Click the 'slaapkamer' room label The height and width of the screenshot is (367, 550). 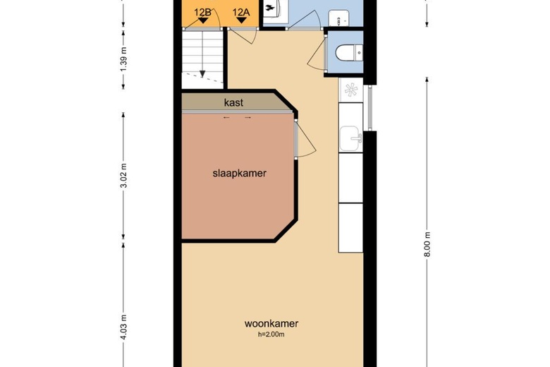pos(239,173)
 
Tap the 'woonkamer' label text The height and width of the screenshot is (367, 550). pos(271,324)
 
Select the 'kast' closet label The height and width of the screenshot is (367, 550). pos(233,102)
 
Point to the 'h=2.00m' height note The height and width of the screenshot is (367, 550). pos(271,335)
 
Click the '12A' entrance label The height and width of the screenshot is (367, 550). pos(241,12)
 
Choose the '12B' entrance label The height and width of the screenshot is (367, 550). pos(203,12)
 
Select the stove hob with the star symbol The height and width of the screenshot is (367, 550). pos(350,90)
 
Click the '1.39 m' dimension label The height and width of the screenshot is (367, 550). pos(125,62)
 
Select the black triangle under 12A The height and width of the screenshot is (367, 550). pos(241,21)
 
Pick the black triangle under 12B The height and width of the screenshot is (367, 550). pos(203,21)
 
